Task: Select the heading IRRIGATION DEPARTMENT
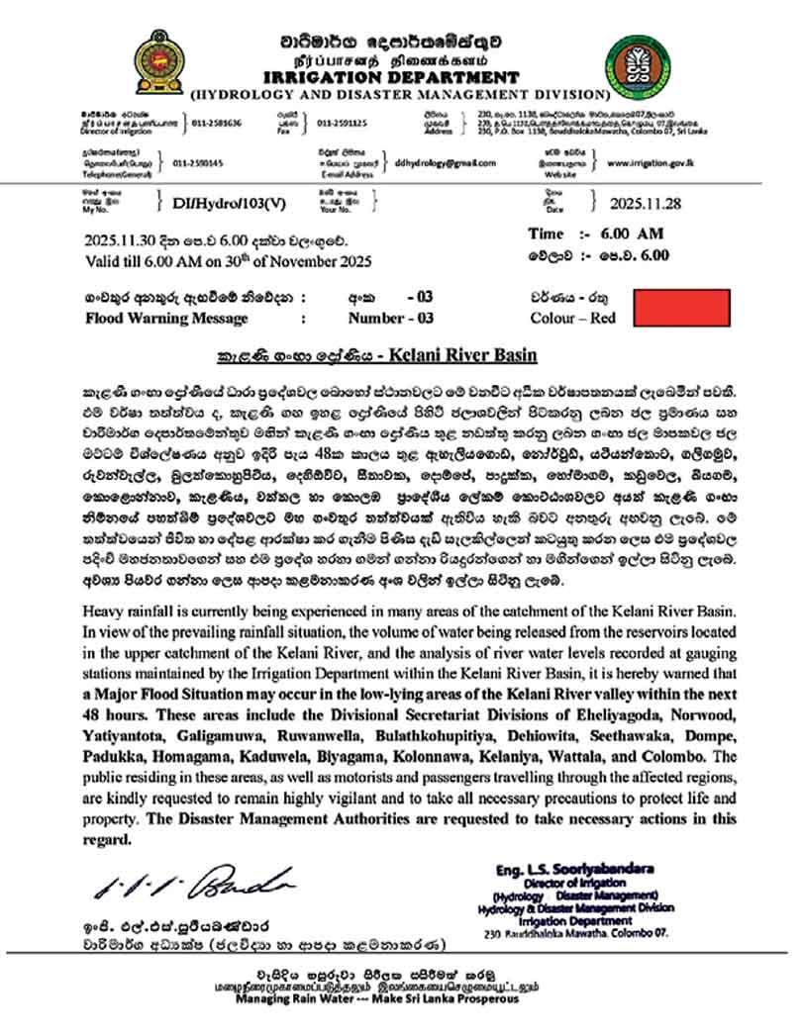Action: click(394, 77)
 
